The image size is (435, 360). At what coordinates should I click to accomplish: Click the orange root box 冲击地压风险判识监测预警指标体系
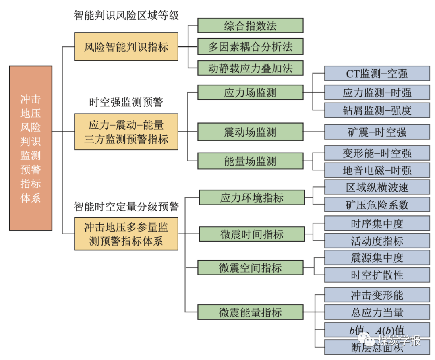(x=31, y=148)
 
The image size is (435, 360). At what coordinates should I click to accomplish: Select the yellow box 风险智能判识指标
(x=126, y=47)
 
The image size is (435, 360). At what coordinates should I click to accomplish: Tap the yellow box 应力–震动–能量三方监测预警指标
(x=126, y=132)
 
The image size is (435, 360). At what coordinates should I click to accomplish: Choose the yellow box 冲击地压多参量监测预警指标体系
(x=126, y=234)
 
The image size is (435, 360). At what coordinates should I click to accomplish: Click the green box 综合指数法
(x=250, y=25)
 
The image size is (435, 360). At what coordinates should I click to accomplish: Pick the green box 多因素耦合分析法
(x=250, y=46)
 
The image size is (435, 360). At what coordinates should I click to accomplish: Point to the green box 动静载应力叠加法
(x=250, y=68)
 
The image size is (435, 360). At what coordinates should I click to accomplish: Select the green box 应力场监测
(x=250, y=92)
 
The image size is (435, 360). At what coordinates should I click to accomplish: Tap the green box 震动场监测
(x=250, y=132)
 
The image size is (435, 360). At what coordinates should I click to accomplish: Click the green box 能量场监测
(x=250, y=161)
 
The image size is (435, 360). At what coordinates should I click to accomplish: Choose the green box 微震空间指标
(x=250, y=268)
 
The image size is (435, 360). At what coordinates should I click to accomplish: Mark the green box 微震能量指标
(x=250, y=312)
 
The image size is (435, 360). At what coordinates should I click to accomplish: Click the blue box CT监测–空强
(x=377, y=73)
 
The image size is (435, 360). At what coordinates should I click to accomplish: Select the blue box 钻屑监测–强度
(x=377, y=110)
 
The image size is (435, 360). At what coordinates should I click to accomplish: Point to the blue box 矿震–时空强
(x=377, y=132)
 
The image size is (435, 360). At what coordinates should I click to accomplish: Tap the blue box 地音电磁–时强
(x=377, y=170)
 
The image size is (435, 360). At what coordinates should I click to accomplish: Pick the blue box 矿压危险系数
(x=377, y=204)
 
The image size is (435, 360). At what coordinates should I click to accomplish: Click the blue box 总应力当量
(x=377, y=312)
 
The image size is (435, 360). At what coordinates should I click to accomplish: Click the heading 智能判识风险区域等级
(x=126, y=15)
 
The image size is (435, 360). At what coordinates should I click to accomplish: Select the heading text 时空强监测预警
(x=126, y=102)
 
